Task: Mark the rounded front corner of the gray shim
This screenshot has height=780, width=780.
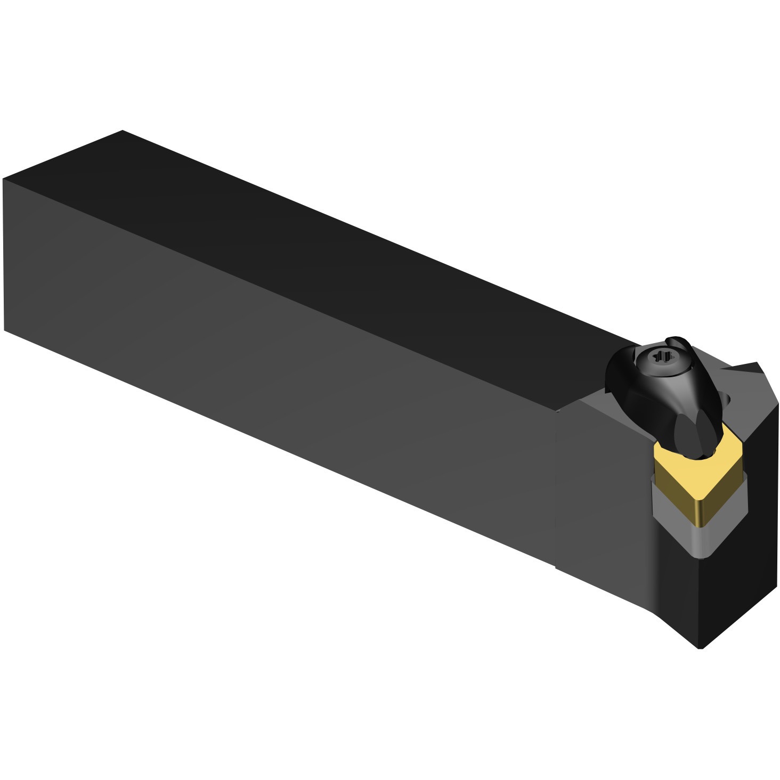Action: [x=702, y=554]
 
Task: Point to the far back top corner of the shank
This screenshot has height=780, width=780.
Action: [x=123, y=131]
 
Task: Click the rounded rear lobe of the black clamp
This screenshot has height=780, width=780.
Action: [x=618, y=373]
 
